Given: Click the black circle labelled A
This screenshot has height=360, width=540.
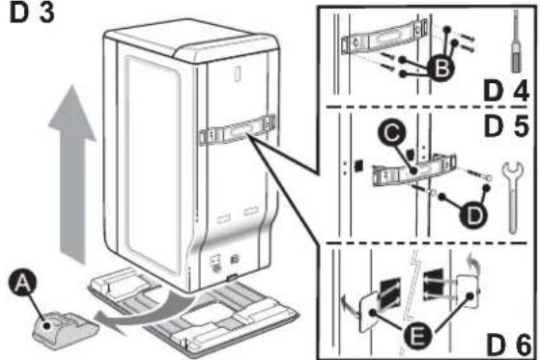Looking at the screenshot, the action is pyautogui.click(x=22, y=283).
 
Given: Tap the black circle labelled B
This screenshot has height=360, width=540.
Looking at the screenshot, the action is pyautogui.click(x=441, y=69).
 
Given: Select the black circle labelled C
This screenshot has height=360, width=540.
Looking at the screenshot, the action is pyautogui.click(x=391, y=133).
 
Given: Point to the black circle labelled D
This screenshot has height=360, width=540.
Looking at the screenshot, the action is pyautogui.click(x=473, y=215).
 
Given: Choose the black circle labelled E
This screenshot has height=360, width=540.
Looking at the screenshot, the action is pyautogui.click(x=417, y=335).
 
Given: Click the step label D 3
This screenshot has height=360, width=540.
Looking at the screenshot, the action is pyautogui.click(x=32, y=14).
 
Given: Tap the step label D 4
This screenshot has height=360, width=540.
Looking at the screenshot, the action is pyautogui.click(x=505, y=91).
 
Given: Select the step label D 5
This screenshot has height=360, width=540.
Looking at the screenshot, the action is pyautogui.click(x=505, y=126).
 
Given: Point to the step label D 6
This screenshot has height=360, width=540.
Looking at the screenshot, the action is pyautogui.click(x=508, y=346).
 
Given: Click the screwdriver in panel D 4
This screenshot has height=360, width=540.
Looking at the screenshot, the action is pyautogui.click(x=516, y=42).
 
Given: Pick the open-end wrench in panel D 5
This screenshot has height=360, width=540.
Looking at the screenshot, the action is pyautogui.click(x=512, y=196).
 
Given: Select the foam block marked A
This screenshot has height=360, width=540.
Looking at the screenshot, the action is pyautogui.click(x=65, y=329).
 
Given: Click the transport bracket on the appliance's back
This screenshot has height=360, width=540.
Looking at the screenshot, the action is pyautogui.click(x=238, y=132).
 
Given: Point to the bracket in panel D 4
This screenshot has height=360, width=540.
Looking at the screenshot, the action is pyautogui.click(x=384, y=37).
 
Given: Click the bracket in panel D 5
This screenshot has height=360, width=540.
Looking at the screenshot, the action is pyautogui.click(x=414, y=170).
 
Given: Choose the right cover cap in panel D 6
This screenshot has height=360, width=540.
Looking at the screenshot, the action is pyautogui.click(x=468, y=291).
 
